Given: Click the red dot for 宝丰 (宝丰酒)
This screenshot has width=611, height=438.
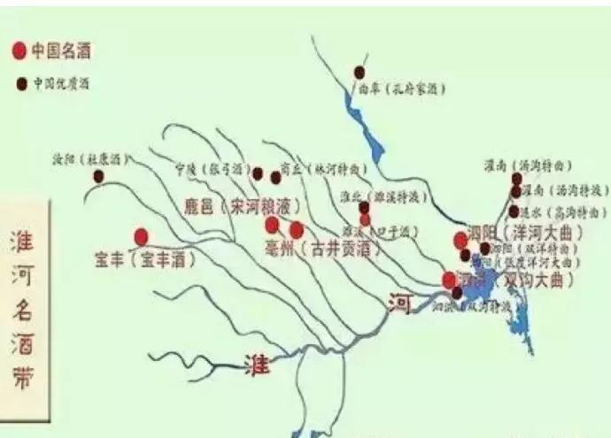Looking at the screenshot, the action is [x=141, y=236].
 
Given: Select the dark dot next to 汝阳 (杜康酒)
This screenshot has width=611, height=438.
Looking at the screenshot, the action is [x=97, y=177].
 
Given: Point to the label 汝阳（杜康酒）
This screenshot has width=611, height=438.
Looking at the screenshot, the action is [x=91, y=160].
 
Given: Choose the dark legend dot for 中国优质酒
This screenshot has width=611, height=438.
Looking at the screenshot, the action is [x=19, y=85].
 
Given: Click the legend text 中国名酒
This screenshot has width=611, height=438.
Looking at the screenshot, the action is [x=60, y=50].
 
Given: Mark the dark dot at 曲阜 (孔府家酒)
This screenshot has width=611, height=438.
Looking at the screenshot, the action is [x=359, y=72].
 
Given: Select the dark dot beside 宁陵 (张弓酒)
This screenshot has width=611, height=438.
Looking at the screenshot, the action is [x=258, y=173].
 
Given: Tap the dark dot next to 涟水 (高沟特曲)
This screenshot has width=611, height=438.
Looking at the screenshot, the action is [x=514, y=211].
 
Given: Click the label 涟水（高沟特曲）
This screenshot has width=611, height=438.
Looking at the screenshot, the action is [x=565, y=212].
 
